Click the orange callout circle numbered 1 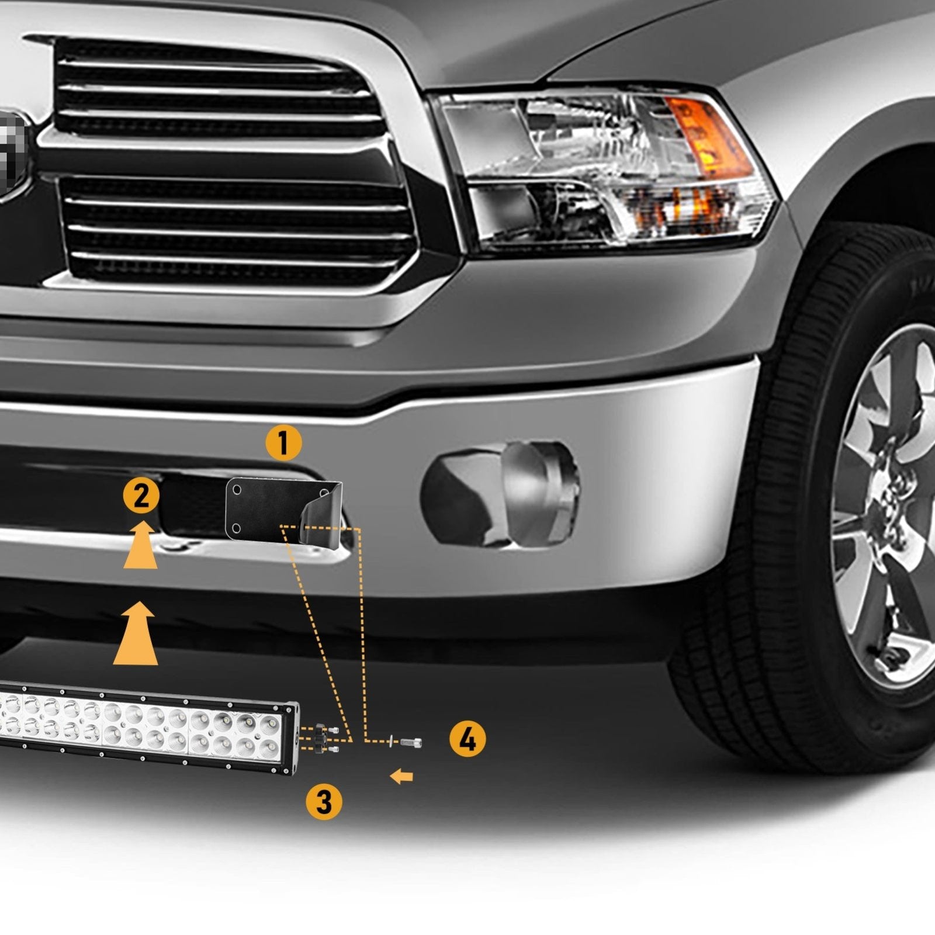pos(283,444)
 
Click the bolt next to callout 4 pos(411,742)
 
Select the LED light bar pos(146,730)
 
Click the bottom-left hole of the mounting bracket pos(236,528)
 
